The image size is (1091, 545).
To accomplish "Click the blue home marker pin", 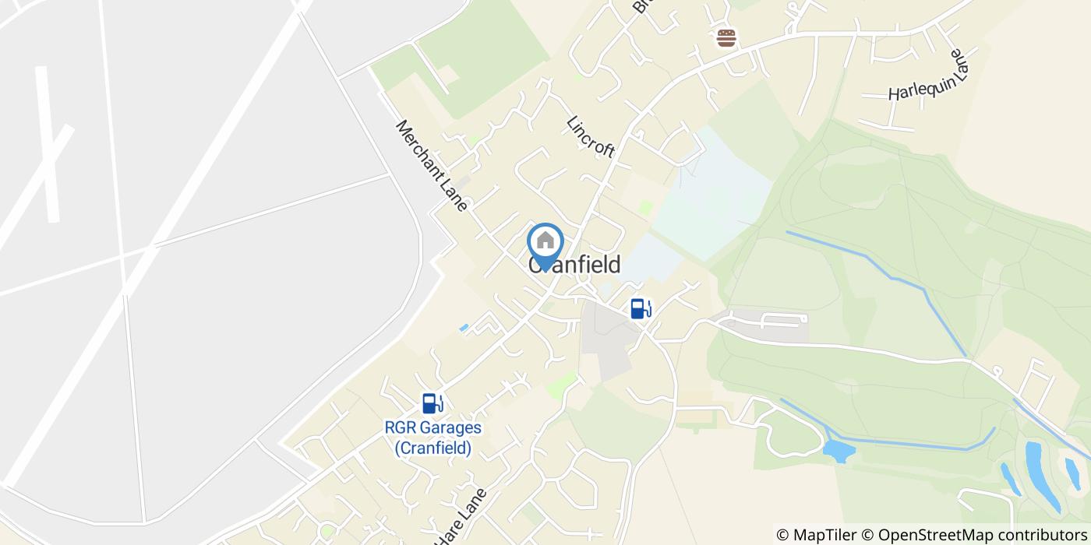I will click(x=545, y=244).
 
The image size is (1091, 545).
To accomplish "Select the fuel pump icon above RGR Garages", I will click(x=433, y=403).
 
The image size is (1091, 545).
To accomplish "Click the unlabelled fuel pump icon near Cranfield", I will click(x=641, y=309).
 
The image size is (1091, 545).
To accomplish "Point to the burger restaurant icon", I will click(x=726, y=38).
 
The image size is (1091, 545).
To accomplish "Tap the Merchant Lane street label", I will click(x=431, y=165).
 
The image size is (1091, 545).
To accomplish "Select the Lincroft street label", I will click(x=591, y=137).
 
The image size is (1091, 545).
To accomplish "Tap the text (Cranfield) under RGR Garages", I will click(x=433, y=448).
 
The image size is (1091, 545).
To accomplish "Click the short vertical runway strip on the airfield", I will click(x=48, y=144).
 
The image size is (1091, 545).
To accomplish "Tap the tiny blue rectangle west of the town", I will click(x=464, y=328).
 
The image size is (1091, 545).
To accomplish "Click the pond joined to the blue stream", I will click(x=838, y=451).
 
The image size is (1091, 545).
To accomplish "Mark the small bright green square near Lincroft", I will click(x=645, y=207).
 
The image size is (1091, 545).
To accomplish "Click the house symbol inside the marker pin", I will click(x=545, y=240).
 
